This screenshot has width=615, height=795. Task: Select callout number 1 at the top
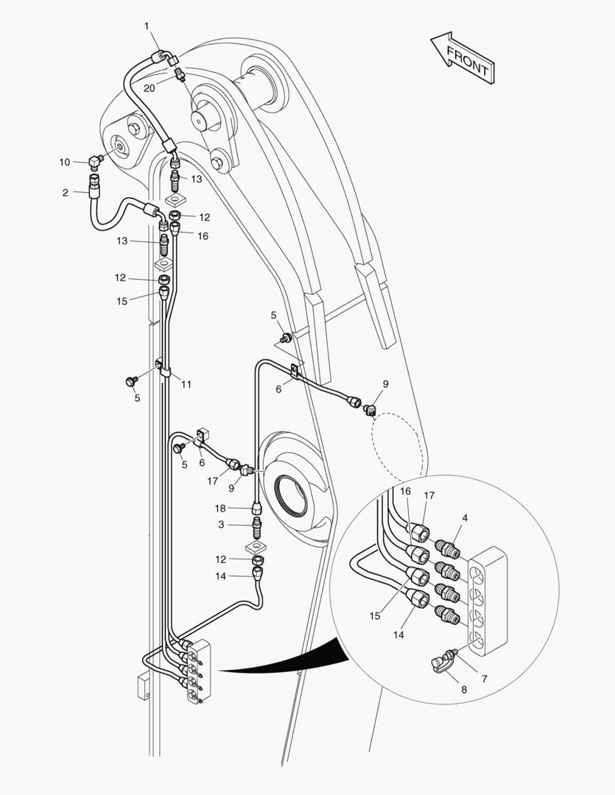pos(147,26)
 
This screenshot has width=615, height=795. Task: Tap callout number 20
pos(150,88)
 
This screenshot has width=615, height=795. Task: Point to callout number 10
pos(65,161)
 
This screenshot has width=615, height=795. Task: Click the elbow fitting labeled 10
pos(95,160)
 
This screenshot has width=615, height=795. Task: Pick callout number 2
pos(66,193)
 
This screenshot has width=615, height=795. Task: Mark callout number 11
pos(186,384)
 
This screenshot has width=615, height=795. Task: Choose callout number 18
pos(219,509)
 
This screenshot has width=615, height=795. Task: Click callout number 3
pos(219,524)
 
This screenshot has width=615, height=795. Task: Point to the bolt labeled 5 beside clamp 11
pos(131,381)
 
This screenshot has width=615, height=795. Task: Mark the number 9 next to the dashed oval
pos(385,384)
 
